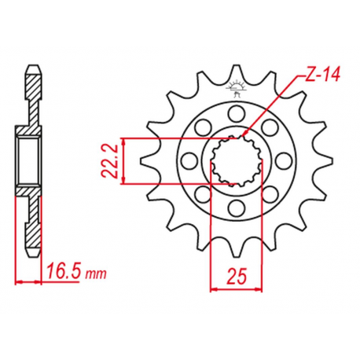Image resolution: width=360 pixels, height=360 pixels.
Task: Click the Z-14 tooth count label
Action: click(322, 75)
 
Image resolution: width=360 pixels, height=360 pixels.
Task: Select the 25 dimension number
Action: click(237, 277)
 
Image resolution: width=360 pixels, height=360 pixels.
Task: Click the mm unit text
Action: click(96, 274)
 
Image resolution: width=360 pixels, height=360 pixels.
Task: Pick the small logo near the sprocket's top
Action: click(237, 88)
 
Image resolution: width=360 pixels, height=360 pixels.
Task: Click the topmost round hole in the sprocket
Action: click(237, 113)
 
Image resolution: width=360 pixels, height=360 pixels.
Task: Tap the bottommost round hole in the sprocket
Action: click(237, 208)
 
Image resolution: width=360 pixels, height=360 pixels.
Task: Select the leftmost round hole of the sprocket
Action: click(189, 160)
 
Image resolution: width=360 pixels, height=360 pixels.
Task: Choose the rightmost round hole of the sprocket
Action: click(284, 160)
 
